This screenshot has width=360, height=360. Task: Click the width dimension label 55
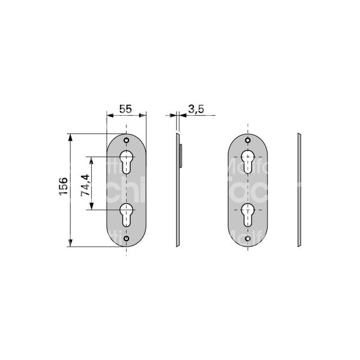click(x=125, y=109)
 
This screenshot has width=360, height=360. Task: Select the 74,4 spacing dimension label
click(x=85, y=184)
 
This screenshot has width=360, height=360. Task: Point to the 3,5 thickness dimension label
click(x=196, y=109)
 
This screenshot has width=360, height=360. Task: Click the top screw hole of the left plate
click(x=127, y=141)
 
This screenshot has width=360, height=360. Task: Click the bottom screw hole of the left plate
click(x=127, y=239)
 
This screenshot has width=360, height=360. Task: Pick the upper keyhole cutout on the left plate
click(x=127, y=160)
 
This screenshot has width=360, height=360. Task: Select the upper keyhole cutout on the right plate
click(x=247, y=160)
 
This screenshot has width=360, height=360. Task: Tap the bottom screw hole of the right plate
click(x=247, y=239)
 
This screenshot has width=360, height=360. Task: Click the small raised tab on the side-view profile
click(x=181, y=154)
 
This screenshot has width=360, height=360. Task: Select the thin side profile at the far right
click(x=298, y=189)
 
